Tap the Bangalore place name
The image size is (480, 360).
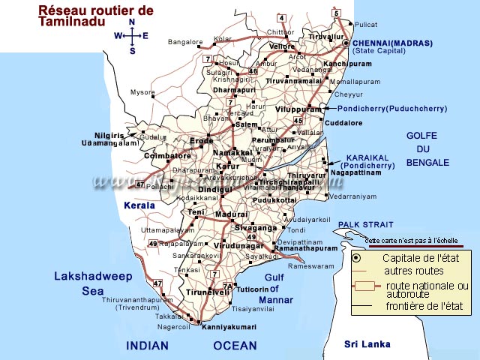185,42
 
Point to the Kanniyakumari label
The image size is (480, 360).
229,327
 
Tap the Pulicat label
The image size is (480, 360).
367,25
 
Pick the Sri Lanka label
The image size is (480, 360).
367,344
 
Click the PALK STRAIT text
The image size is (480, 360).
366,224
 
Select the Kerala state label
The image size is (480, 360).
140,205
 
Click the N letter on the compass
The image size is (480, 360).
132,22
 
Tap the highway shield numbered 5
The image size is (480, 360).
337,13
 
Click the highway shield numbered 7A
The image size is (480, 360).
228,286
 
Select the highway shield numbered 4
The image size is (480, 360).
281,18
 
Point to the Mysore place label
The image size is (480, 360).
142,92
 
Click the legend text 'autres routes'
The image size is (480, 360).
412,271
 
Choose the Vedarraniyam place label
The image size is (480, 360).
352,196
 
